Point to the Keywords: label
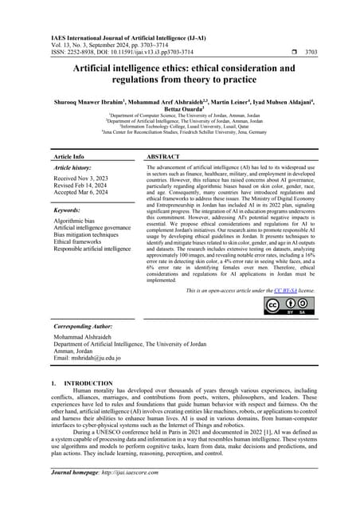pos(69,211)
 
